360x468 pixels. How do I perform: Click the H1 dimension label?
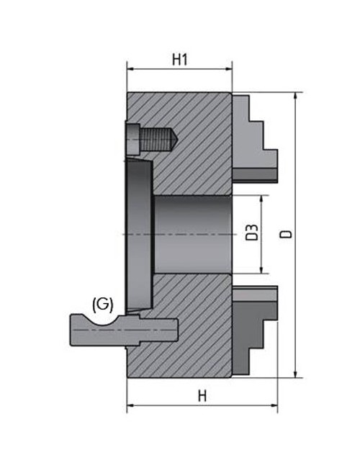tap(180, 60)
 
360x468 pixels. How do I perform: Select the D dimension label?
tap(287, 235)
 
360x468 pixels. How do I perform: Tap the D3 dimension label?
tap(251, 234)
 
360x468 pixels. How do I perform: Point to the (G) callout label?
tap(103, 304)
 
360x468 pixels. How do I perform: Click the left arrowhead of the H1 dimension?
tap(130, 70)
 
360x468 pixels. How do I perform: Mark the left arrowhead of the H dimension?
tap(130, 408)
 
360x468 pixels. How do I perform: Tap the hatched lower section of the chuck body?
tap(187, 338)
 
